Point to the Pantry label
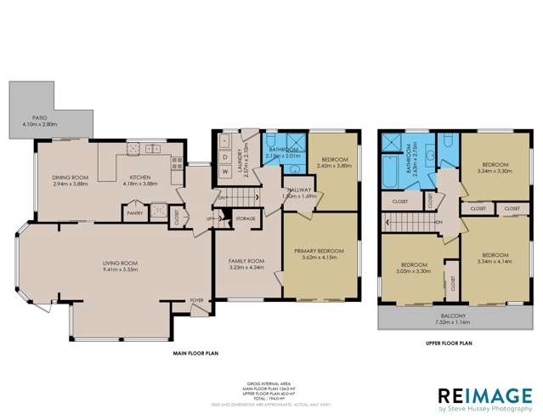[133, 213]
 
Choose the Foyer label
[196, 300]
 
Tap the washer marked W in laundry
[225, 171]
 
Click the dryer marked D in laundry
[225, 156]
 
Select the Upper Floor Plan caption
[449, 344]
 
